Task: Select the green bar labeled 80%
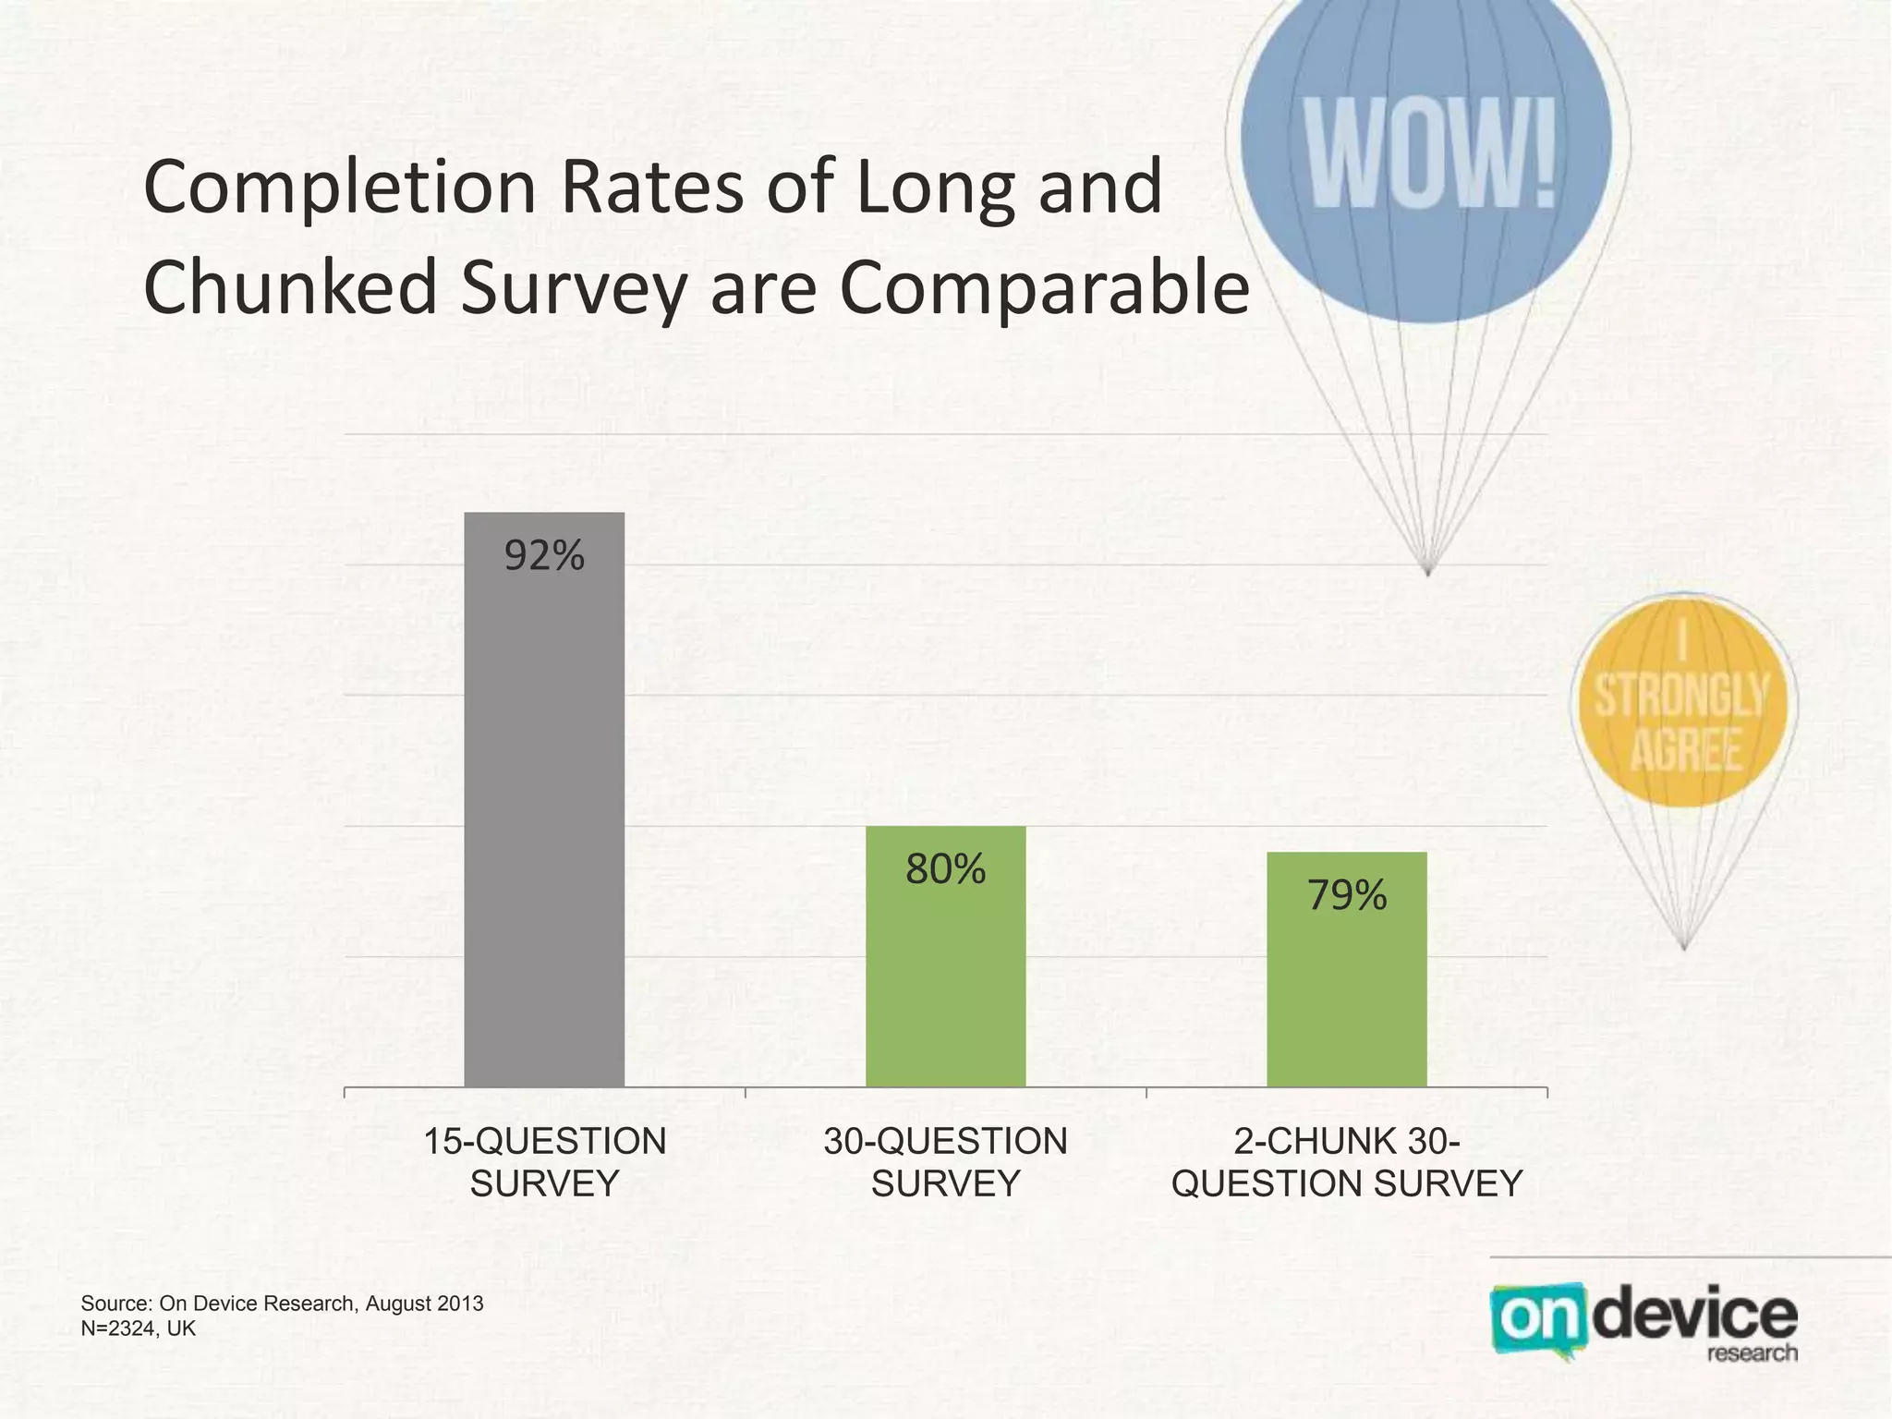click(x=945, y=970)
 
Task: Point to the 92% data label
click(x=544, y=556)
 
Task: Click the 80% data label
click(x=945, y=869)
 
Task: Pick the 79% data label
click(x=1346, y=895)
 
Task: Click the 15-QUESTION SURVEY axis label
click(x=544, y=1162)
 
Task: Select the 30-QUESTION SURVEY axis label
click(x=945, y=1162)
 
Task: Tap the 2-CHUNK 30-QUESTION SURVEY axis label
click(x=1346, y=1162)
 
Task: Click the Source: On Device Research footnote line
click(x=282, y=1304)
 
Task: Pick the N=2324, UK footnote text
click(x=139, y=1328)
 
